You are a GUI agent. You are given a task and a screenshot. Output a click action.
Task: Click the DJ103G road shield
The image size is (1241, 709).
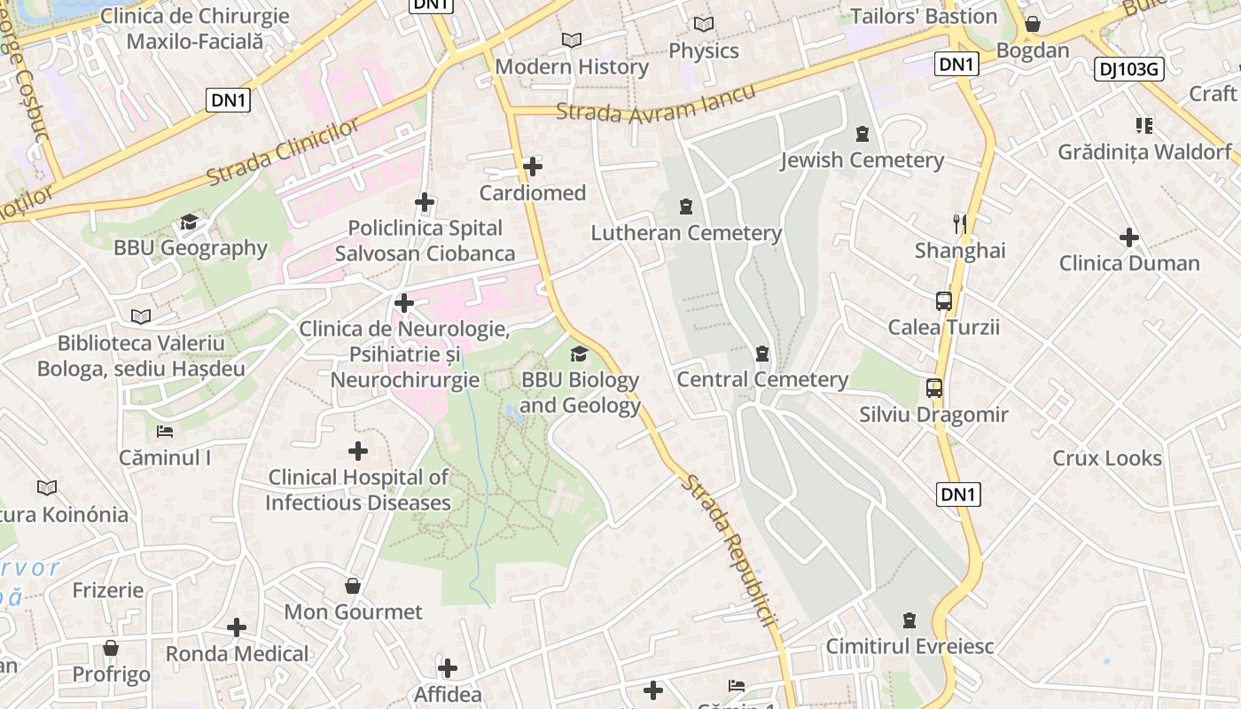(x=1128, y=69)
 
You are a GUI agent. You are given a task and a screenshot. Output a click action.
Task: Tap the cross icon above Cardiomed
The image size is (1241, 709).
(x=533, y=167)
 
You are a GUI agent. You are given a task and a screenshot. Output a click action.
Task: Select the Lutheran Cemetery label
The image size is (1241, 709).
(x=686, y=233)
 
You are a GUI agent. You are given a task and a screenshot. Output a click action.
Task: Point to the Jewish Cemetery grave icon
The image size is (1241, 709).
(x=862, y=135)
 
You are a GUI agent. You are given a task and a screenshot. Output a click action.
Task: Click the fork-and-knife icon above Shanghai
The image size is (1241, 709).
(x=959, y=223)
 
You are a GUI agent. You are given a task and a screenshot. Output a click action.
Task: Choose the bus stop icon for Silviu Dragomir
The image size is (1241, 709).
(x=934, y=388)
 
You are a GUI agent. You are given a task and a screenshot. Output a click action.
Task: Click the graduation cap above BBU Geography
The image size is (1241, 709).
(x=189, y=222)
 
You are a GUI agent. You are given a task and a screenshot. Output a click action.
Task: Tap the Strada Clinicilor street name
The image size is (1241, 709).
(x=283, y=152)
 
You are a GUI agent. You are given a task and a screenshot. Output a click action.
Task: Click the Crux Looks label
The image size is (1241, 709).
(x=1106, y=458)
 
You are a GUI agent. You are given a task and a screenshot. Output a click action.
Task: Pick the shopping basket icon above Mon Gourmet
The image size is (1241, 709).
(x=353, y=586)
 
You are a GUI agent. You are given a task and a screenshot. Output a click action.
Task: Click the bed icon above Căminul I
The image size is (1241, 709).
(x=165, y=432)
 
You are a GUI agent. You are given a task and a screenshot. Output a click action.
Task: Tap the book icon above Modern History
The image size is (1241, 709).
(x=572, y=41)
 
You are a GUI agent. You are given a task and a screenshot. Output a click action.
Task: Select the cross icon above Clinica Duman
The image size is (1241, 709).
(x=1128, y=238)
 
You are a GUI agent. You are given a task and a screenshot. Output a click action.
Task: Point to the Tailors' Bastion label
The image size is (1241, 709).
(x=924, y=16)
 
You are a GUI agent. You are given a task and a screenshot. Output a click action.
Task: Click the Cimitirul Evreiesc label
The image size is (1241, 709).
(x=909, y=646)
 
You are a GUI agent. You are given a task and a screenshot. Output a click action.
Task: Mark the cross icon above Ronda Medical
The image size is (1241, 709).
(x=237, y=627)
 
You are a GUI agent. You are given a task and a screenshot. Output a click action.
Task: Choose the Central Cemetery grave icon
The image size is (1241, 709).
(x=761, y=354)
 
